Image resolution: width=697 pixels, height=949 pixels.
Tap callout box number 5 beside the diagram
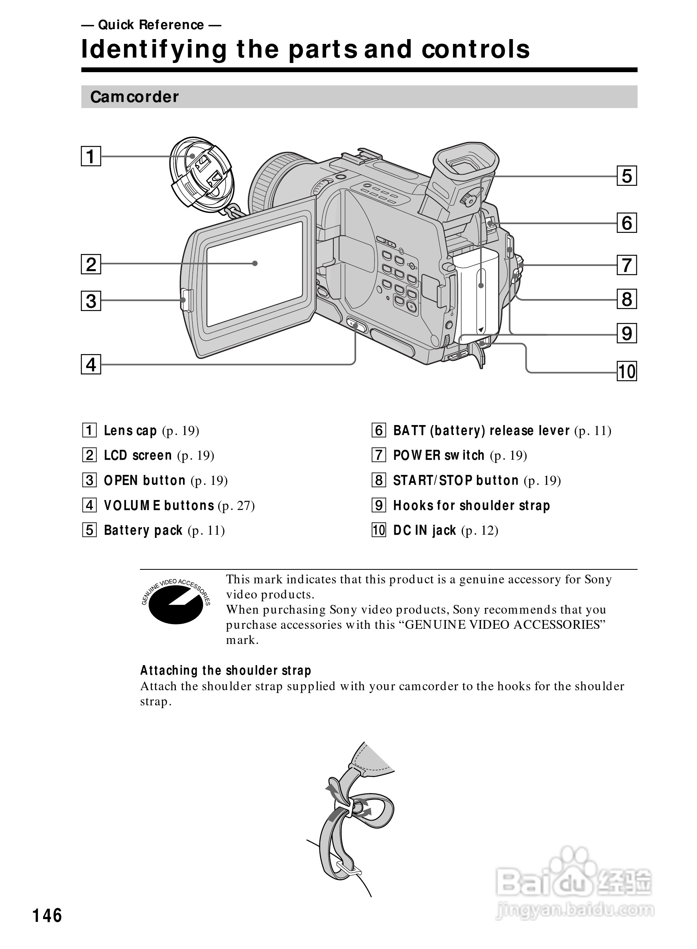626,176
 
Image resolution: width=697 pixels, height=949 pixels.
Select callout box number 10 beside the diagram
626,371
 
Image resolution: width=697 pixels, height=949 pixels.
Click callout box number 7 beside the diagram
626,265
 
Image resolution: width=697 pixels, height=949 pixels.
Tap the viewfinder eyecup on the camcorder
466,160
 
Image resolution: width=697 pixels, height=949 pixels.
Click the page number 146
47,916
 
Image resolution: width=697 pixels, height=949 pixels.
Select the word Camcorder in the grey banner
134,97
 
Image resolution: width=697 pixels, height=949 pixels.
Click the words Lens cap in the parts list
130,430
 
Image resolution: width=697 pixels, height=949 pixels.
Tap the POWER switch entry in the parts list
438,455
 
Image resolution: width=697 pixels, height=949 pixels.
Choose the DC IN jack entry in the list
424,530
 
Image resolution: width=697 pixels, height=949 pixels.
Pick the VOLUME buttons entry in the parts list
159,505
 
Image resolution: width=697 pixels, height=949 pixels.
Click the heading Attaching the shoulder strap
225,670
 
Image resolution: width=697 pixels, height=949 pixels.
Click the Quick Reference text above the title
151,25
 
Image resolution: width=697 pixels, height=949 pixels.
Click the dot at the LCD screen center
255,263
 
